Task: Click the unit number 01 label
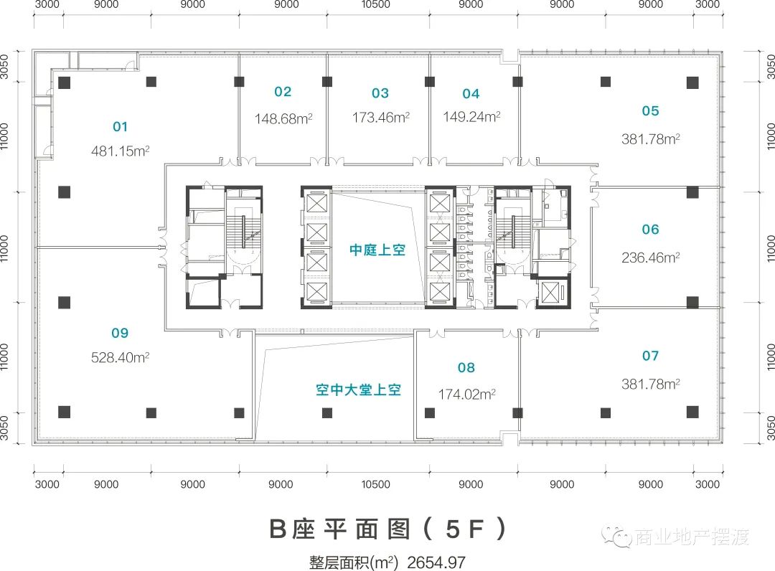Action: [x=120, y=127]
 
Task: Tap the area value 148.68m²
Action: [x=283, y=118]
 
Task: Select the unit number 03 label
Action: [x=380, y=93]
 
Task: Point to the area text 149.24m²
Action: [x=471, y=117]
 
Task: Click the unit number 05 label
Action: [x=650, y=110]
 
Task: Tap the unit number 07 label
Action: [x=650, y=356]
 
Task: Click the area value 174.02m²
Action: [x=467, y=394]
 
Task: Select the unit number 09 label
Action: [x=120, y=333]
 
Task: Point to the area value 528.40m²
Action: [x=120, y=357]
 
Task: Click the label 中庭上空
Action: [x=377, y=250]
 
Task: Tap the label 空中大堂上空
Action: [x=358, y=391]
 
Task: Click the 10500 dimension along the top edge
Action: [x=376, y=5]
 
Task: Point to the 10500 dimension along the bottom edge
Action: [x=376, y=484]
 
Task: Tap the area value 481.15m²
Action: [x=120, y=151]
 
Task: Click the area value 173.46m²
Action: [x=380, y=117]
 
